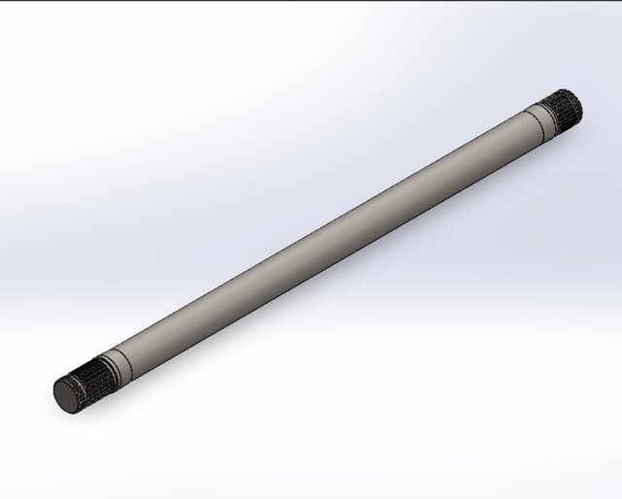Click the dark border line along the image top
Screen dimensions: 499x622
tap(311, 1)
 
